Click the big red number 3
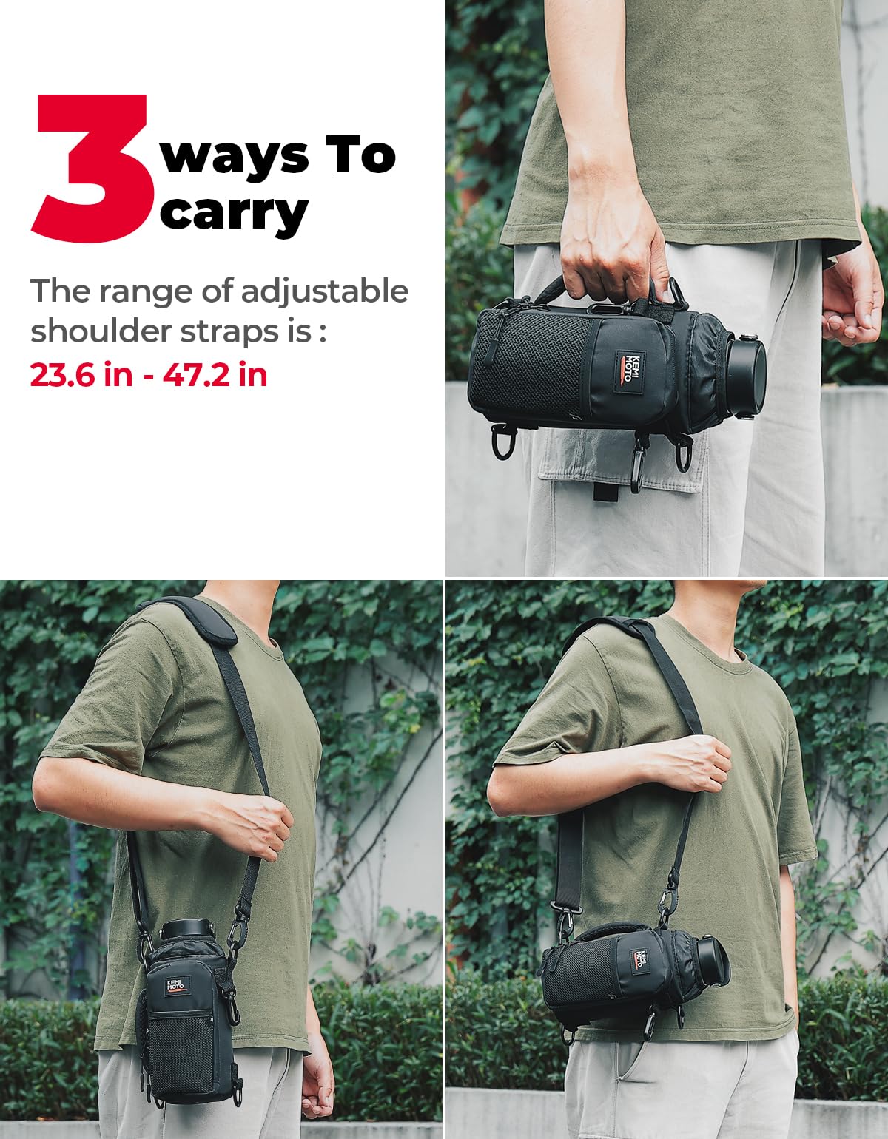89,169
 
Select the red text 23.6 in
81,375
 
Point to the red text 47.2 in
215,375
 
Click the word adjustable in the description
324,292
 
